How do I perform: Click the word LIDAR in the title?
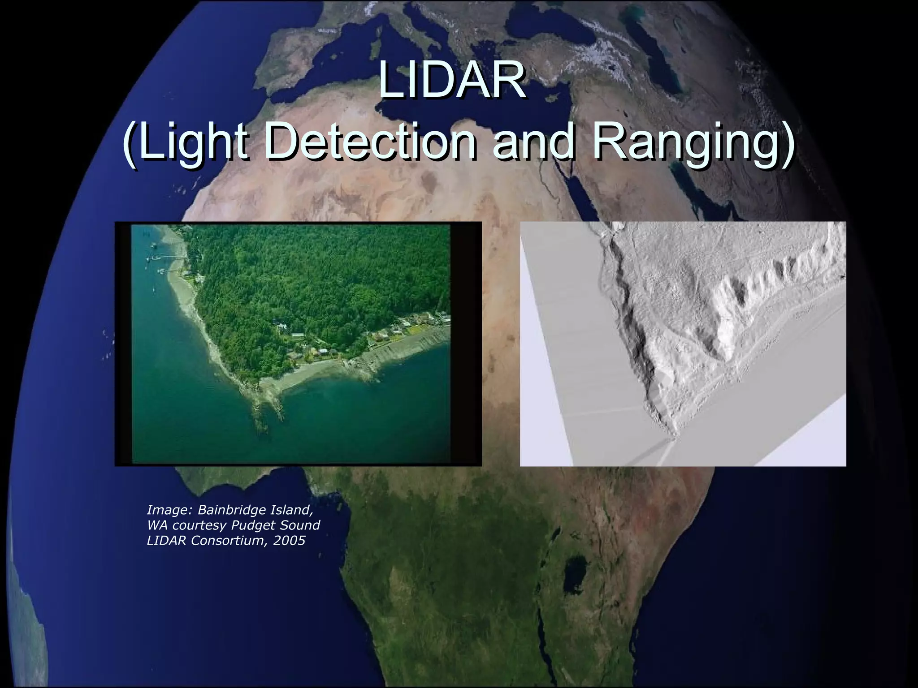[x=452, y=82]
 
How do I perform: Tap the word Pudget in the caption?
[x=253, y=525]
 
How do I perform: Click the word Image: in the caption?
[x=170, y=510]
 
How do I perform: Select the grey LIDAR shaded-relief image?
[x=683, y=344]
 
